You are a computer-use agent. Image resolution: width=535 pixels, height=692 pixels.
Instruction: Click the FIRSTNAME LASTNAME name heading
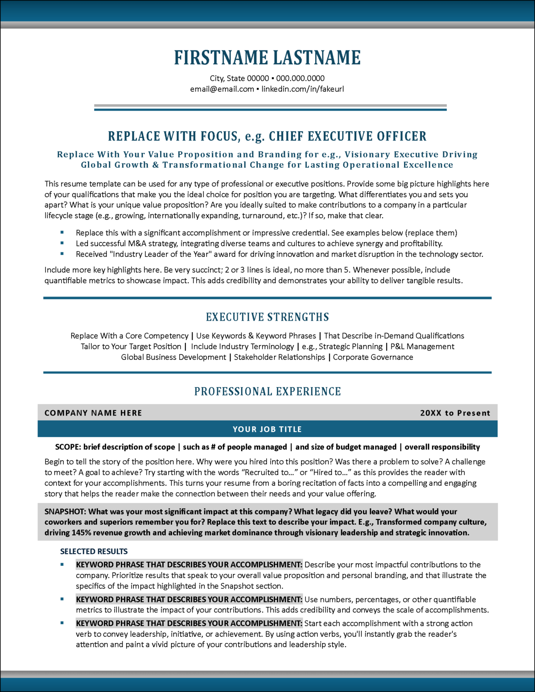[x=267, y=58]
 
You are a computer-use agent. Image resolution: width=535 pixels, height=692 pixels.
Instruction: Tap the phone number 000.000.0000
[x=300, y=78]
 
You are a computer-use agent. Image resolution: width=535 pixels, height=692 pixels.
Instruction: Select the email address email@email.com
[x=222, y=89]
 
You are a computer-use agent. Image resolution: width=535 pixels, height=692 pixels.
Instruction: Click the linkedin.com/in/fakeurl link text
[x=303, y=89]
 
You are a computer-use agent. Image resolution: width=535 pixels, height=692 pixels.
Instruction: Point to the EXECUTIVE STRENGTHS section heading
[x=267, y=317]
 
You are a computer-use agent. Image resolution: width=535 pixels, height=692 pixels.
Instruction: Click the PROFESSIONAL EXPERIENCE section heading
[x=267, y=391]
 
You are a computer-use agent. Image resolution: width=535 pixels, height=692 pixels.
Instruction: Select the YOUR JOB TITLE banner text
[x=267, y=429]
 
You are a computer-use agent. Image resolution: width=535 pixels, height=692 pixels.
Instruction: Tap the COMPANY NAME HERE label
[x=93, y=413]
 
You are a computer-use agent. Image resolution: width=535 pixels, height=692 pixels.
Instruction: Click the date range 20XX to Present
[x=455, y=413]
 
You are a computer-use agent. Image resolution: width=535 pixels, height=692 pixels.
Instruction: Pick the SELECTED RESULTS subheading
[x=94, y=552]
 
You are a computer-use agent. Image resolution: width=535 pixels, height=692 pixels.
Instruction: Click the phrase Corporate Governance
[x=373, y=357]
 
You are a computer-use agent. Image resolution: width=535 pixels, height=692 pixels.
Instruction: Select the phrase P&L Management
[x=422, y=346]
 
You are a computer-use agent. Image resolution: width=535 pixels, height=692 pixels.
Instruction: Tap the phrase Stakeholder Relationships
[x=280, y=357]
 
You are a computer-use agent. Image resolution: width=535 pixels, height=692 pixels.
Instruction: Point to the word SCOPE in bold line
[x=68, y=447]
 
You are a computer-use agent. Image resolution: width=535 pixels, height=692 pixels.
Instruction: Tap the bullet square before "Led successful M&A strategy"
[x=62, y=243]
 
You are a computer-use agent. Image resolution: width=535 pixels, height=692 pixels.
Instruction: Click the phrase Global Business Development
[x=173, y=357]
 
